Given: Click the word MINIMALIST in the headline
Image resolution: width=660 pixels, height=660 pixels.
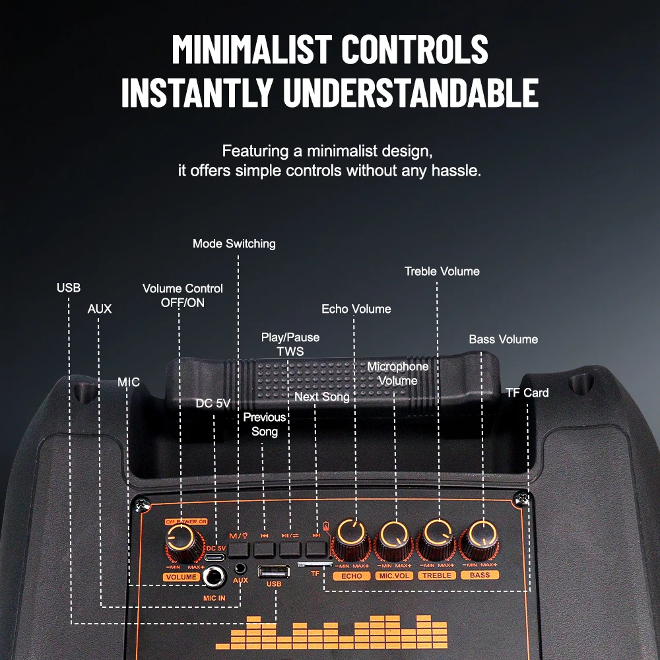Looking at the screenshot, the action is [x=252, y=49].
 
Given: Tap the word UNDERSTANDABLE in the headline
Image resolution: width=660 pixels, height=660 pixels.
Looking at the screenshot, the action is [x=411, y=92].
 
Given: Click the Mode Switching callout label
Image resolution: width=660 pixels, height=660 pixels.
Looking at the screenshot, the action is [x=234, y=244].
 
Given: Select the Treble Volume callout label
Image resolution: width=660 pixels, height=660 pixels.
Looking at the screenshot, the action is [x=442, y=271].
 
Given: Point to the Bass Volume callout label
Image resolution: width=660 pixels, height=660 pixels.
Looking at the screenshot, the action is [x=504, y=339].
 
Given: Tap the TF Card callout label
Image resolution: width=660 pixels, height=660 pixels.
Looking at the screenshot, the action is [x=527, y=393].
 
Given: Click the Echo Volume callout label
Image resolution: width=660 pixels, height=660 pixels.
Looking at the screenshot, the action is [x=356, y=309].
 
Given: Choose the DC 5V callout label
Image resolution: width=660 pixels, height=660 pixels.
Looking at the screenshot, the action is [x=213, y=403].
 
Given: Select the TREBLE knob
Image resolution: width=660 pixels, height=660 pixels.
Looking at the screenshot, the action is [x=438, y=539].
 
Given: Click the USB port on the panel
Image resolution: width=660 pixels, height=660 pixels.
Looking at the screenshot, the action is [x=274, y=572].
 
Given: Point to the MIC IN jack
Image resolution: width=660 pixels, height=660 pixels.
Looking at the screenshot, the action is [x=214, y=577].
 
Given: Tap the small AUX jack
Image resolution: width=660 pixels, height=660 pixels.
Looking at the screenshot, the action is [x=240, y=569].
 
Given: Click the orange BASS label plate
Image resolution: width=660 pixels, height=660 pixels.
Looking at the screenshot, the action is [x=480, y=575].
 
